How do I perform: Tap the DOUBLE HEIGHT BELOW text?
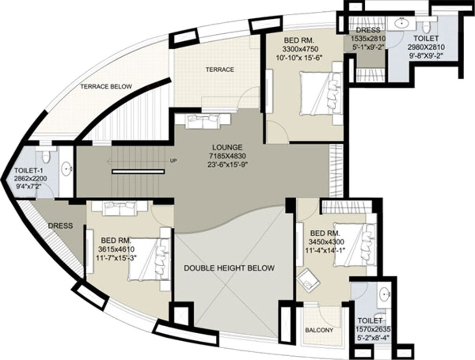click(x=229, y=268)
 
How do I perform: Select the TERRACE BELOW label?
click(x=106, y=87)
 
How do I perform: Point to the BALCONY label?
click(x=319, y=330)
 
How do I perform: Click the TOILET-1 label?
click(x=29, y=171)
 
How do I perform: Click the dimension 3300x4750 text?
click(x=301, y=49)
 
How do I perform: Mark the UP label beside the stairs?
click(x=173, y=161)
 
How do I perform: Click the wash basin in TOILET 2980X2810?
click(x=401, y=22)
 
